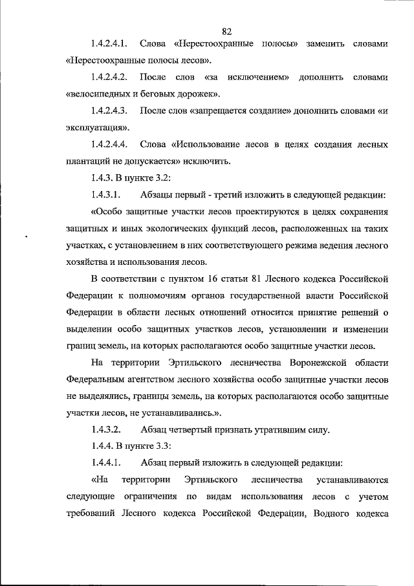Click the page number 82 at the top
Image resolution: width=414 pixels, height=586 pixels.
point(226,31)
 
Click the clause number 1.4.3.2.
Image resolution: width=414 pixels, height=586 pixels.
point(107,430)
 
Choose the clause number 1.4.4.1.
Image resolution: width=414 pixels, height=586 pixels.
point(107,464)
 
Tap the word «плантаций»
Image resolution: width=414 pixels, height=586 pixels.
point(88,162)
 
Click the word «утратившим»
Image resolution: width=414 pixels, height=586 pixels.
point(262,430)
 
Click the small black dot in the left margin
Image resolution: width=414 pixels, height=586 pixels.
point(27,238)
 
